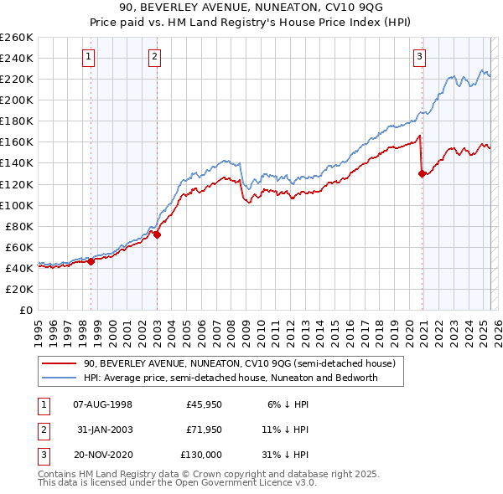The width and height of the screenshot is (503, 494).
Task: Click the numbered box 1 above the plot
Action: click(x=89, y=57)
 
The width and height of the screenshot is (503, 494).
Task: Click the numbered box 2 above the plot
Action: click(x=155, y=57)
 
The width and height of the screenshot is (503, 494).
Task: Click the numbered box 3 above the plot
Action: click(x=419, y=57)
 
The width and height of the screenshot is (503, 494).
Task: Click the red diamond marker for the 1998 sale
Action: click(x=91, y=261)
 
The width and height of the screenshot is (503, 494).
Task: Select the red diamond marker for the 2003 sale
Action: click(x=157, y=234)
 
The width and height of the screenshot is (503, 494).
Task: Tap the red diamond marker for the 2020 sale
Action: click(x=422, y=173)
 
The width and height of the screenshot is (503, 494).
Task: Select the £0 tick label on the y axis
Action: click(x=26, y=310)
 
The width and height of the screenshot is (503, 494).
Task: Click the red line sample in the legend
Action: click(x=60, y=363)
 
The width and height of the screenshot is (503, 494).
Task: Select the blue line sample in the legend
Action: click(x=60, y=378)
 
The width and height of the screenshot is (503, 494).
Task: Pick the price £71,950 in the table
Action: click(x=204, y=430)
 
